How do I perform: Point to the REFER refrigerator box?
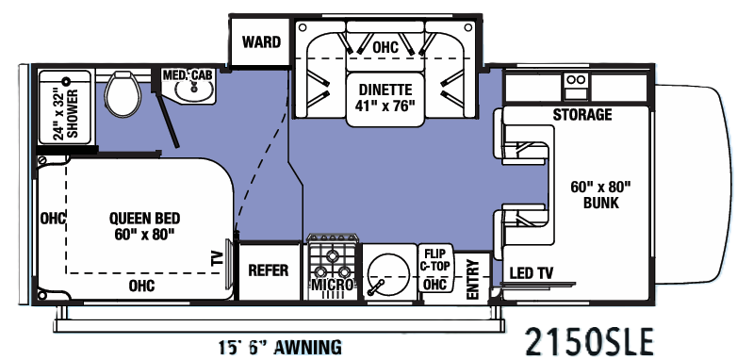tap(268, 270)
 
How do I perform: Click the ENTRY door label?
tap(474, 279)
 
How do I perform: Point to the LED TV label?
tap(531, 274)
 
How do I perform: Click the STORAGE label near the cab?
tap(581, 115)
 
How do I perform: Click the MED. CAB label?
tap(188, 74)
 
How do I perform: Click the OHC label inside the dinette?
tap(385, 47)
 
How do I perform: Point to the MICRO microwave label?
tap(334, 285)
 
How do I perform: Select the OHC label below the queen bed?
tap(141, 285)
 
